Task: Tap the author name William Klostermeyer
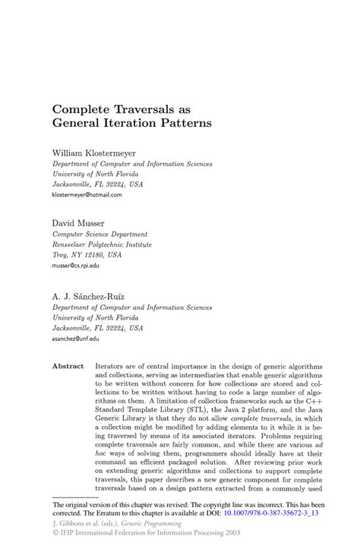coord(93,153)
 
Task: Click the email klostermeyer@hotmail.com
coord(87,194)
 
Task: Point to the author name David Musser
coord(79,223)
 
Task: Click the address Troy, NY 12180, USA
coord(86,255)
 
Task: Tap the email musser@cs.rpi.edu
coord(75,266)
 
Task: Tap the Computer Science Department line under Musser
coord(99,234)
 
